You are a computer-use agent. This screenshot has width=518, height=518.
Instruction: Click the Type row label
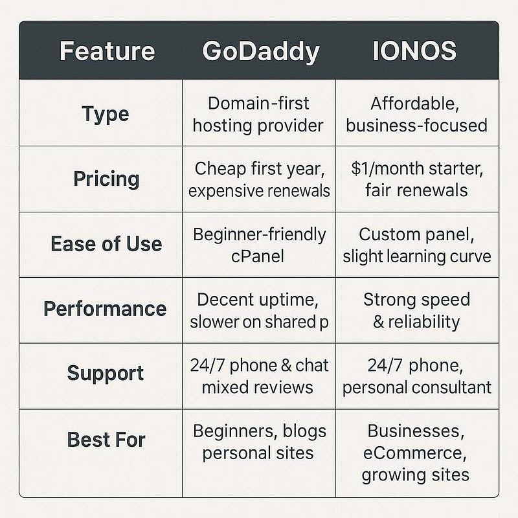(106, 114)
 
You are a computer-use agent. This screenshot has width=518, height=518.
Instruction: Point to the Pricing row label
(106, 179)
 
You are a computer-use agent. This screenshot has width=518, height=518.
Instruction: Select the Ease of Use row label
(106, 244)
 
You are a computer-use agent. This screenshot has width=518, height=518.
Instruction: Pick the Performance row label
(105, 309)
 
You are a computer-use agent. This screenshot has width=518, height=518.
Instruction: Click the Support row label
(106, 374)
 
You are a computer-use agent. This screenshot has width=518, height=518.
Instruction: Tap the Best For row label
(106, 440)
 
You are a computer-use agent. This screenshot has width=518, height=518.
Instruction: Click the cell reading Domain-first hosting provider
(258, 114)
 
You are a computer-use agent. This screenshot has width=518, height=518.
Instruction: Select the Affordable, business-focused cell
(416, 114)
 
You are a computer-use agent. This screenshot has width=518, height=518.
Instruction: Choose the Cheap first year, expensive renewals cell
(259, 179)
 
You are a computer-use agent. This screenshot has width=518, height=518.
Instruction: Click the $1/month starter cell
(416, 179)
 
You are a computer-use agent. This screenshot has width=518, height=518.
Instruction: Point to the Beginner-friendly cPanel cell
(259, 244)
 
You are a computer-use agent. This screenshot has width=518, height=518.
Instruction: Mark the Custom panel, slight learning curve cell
(416, 244)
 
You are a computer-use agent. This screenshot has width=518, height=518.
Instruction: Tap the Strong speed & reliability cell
(416, 310)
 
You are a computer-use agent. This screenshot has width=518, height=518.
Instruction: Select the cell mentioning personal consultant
(416, 377)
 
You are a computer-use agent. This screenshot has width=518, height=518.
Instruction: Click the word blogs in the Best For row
(305, 431)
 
